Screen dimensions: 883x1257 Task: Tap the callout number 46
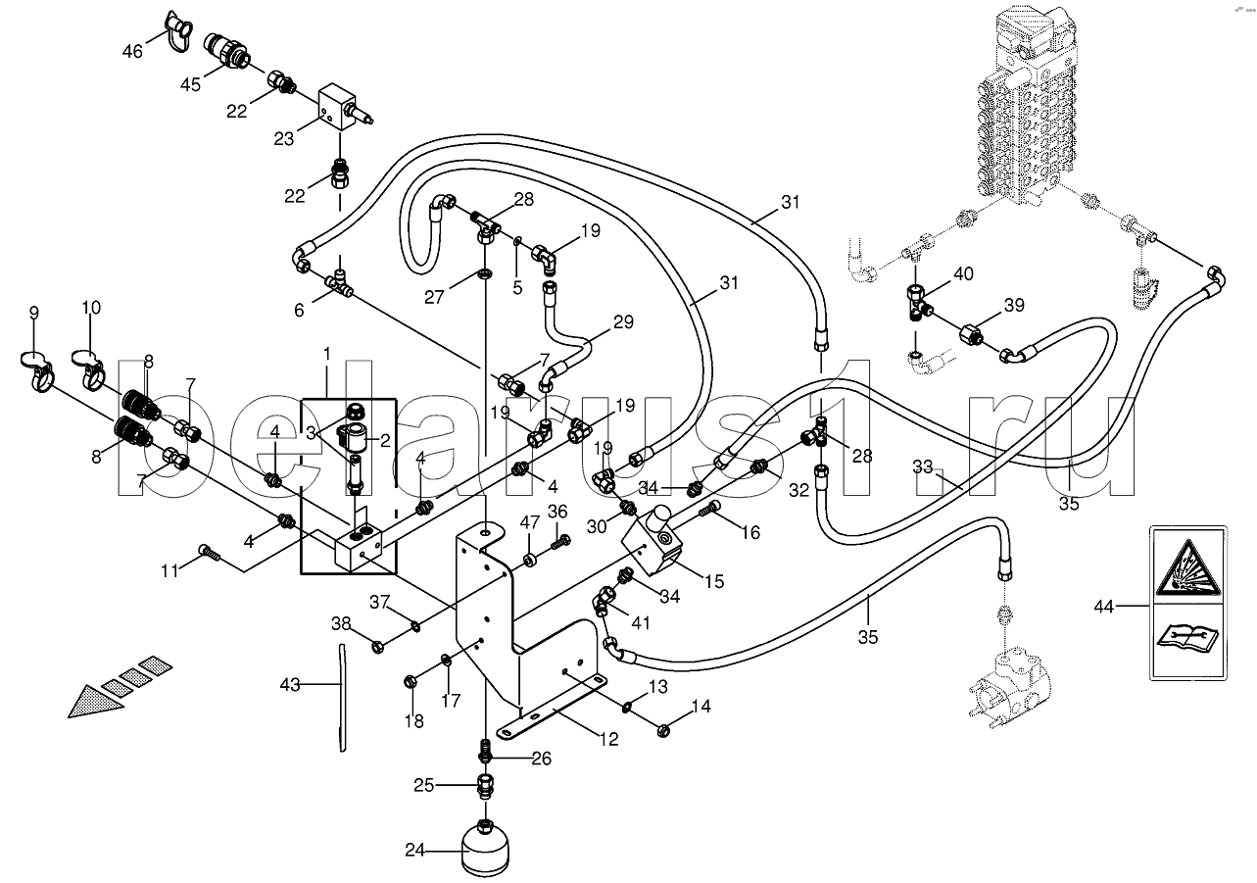pos(132,50)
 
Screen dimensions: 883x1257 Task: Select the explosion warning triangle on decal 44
pos(1186,569)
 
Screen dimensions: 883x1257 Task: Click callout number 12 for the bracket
pos(609,740)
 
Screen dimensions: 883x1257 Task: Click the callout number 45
pos(189,84)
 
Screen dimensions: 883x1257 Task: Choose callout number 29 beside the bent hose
pos(623,321)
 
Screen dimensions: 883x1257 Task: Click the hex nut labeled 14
pos(663,728)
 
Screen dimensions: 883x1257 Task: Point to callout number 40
pos(963,274)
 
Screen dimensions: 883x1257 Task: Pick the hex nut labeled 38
pos(378,646)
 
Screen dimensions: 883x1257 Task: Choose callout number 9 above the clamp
pos(34,314)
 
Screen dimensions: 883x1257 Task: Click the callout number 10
pos(91,309)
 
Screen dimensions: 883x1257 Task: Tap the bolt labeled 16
pos(712,508)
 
